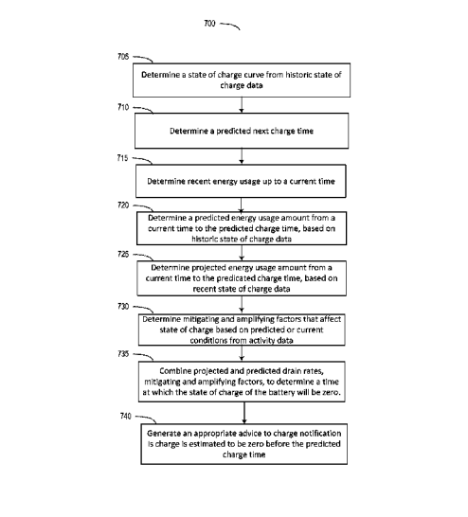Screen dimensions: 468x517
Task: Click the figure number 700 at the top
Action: pos(209,24)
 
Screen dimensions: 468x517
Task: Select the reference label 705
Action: pos(123,57)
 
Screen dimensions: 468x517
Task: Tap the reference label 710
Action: pos(123,107)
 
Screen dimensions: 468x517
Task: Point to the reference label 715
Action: pos(122,158)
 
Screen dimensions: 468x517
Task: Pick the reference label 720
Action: pos(123,205)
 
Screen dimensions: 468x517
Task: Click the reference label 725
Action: pos(123,254)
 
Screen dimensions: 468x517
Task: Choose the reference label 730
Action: pos(123,307)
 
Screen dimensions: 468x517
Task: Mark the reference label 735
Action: pos(123,354)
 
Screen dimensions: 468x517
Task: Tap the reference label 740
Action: pos(125,416)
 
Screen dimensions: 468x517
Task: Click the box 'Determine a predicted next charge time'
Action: pos(242,131)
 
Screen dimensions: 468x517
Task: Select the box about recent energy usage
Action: pos(241,181)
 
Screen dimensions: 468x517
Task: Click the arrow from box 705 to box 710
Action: pos(242,105)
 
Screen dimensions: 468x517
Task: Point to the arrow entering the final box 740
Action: pos(244,413)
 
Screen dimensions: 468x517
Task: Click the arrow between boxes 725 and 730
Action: pos(242,304)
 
